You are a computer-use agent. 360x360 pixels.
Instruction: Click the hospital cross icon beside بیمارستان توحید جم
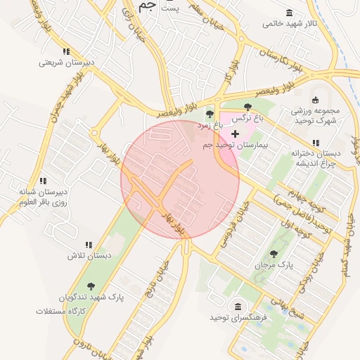point(235,133)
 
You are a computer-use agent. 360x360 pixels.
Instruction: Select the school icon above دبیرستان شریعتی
point(66,51)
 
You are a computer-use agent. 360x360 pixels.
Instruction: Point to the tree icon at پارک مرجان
point(274,254)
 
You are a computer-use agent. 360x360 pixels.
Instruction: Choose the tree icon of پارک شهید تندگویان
point(91,286)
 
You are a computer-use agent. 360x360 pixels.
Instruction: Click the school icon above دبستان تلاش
point(89,245)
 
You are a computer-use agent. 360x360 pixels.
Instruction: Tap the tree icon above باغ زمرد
point(209,114)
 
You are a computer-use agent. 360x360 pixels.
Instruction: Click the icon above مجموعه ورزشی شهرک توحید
point(315,99)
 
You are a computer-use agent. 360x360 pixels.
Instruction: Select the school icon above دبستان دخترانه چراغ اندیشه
point(316,143)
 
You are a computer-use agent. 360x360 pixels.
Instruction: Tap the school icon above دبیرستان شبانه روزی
point(43,181)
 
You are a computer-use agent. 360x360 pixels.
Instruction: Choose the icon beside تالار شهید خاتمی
point(290,13)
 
